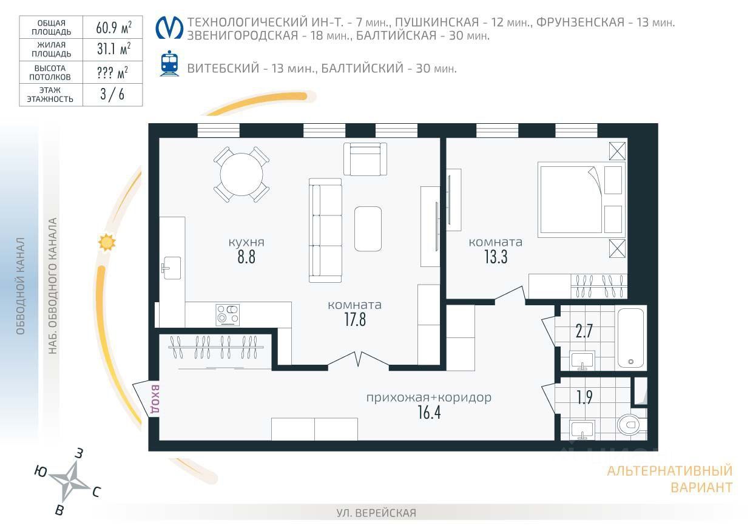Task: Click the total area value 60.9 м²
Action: click(113, 27)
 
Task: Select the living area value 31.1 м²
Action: click(113, 49)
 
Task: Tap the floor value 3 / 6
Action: click(112, 95)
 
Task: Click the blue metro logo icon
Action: click(169, 28)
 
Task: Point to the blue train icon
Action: click(169, 63)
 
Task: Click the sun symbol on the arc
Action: click(107, 242)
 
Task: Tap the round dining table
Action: click(241, 174)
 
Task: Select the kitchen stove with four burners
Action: click(228, 315)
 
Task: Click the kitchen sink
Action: click(172, 268)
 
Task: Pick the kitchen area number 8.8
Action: click(246, 257)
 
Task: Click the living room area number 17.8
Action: click(355, 319)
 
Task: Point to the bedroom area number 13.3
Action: click(496, 257)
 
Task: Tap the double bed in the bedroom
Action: click(581, 200)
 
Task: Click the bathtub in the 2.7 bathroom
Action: click(630, 338)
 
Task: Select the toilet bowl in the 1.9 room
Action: click(631, 425)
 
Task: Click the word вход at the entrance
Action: click(155, 399)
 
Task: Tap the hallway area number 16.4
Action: click(429, 413)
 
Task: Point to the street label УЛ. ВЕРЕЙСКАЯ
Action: click(376, 513)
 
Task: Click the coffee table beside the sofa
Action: click(368, 229)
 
